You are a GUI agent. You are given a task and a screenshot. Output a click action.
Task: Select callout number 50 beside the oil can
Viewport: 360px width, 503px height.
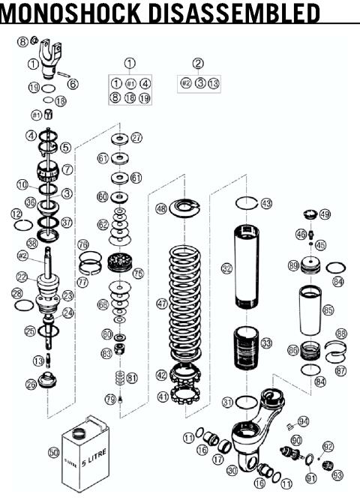tap(53, 453)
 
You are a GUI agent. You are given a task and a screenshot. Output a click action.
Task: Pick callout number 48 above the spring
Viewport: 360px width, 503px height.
tap(160, 209)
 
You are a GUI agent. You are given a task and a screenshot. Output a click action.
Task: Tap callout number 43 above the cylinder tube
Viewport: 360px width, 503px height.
tap(266, 204)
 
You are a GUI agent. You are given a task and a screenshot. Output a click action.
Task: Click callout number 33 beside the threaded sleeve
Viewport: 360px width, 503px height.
tap(267, 344)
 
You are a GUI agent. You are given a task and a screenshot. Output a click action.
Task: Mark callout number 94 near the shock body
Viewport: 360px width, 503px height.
tap(303, 421)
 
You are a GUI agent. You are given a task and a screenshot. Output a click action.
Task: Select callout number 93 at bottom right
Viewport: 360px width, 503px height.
tap(337, 475)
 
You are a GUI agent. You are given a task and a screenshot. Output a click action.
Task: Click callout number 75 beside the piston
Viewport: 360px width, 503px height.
tap(137, 274)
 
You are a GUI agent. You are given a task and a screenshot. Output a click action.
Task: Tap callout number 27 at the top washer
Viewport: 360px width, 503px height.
tap(136, 138)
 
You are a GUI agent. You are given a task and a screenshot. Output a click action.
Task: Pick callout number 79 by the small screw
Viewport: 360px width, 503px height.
tap(109, 400)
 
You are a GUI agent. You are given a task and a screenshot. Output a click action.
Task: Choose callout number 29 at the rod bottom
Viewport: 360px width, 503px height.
tap(31, 385)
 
